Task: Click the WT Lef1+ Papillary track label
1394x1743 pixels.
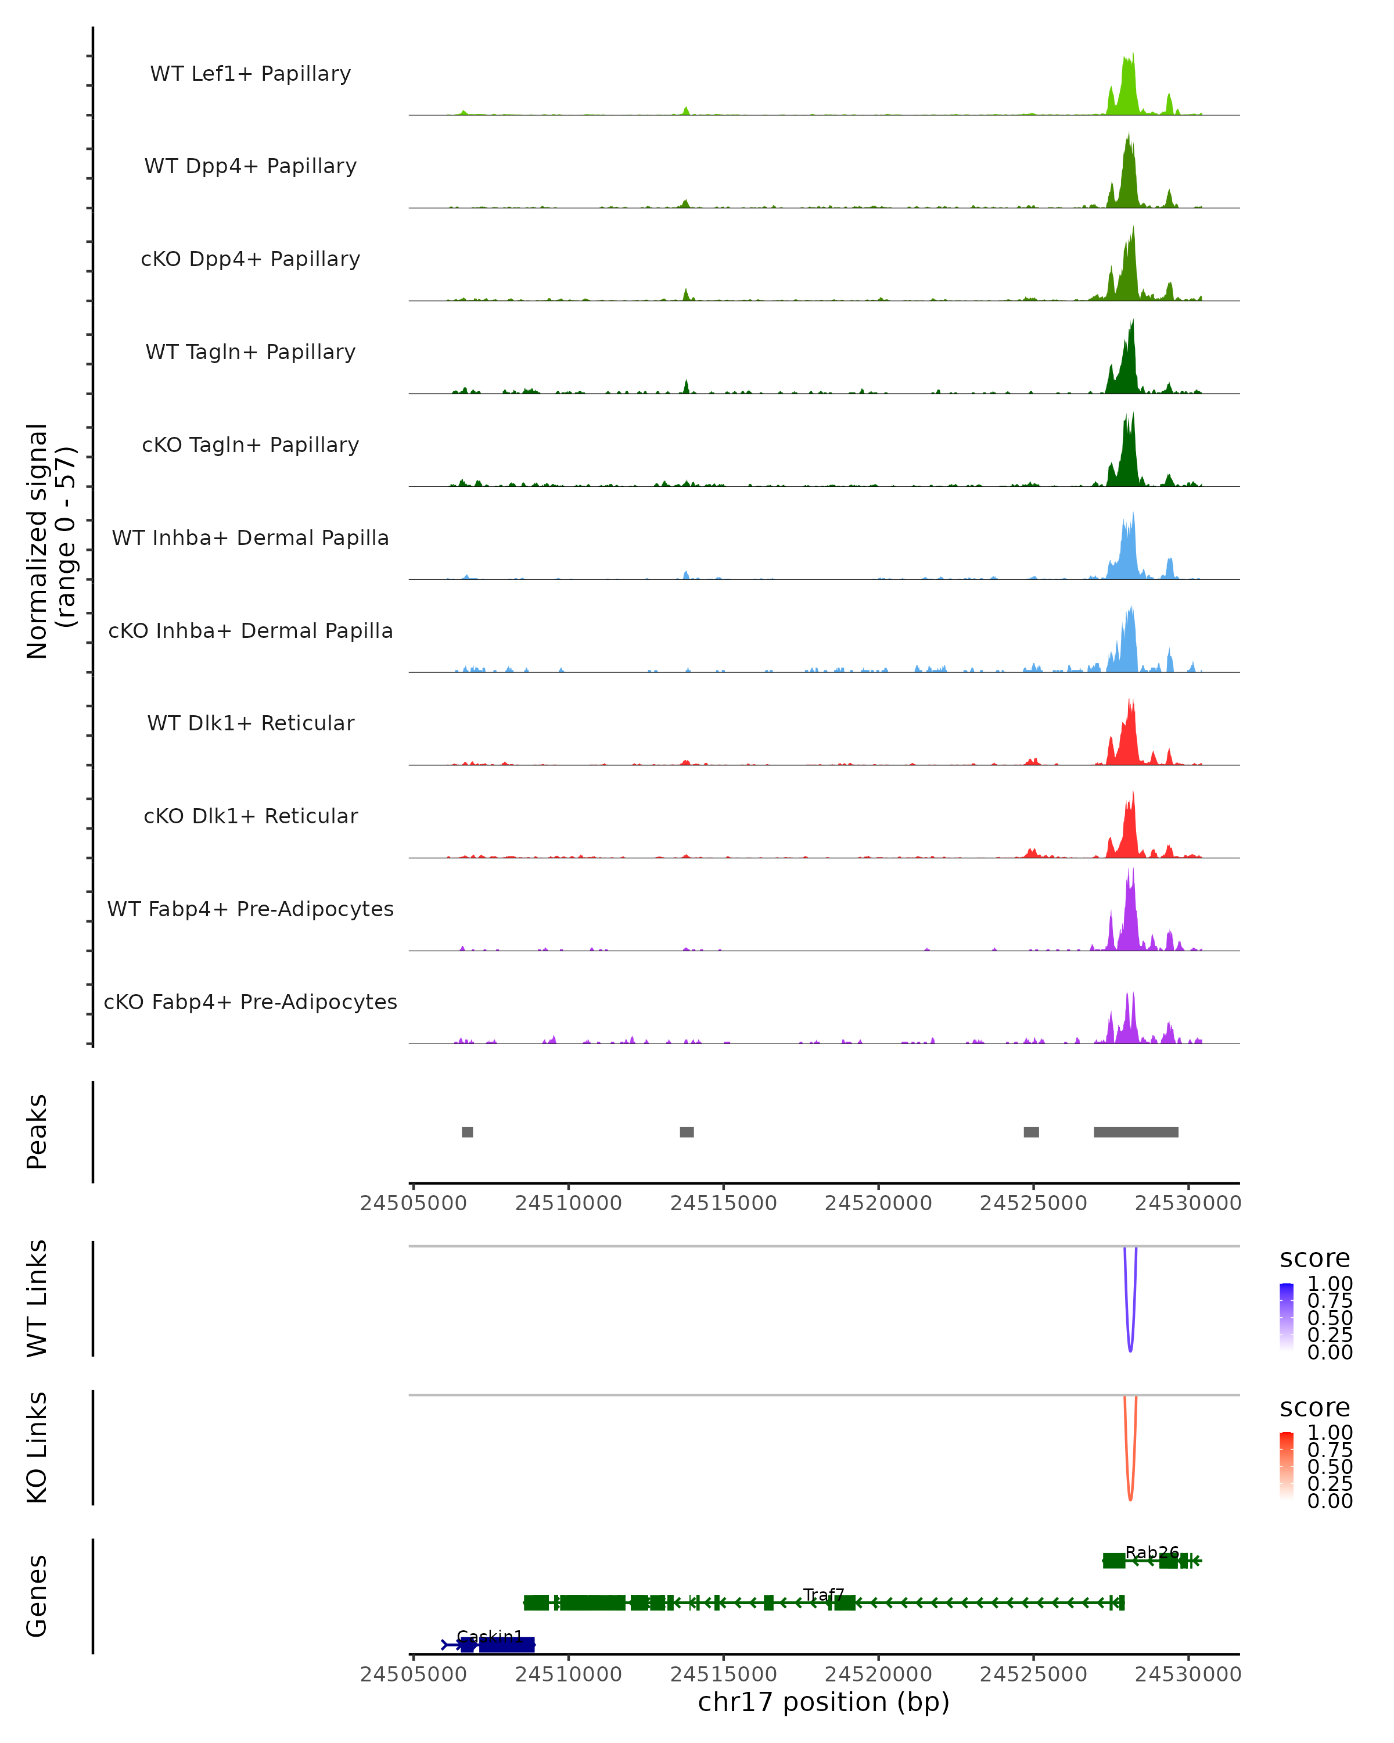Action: click(250, 74)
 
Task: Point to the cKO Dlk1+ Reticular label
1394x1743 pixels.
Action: click(250, 816)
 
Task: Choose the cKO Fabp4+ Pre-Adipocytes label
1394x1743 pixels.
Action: click(250, 1002)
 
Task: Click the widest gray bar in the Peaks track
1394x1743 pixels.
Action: click(1136, 1132)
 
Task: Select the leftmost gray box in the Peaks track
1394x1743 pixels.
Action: click(467, 1132)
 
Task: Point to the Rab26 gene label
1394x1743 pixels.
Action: click(1152, 1552)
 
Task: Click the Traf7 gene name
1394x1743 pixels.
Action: click(824, 1595)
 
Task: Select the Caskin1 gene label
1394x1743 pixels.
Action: click(490, 1636)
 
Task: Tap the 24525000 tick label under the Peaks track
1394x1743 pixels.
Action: click(1033, 1203)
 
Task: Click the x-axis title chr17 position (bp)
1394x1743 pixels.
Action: click(824, 1702)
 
